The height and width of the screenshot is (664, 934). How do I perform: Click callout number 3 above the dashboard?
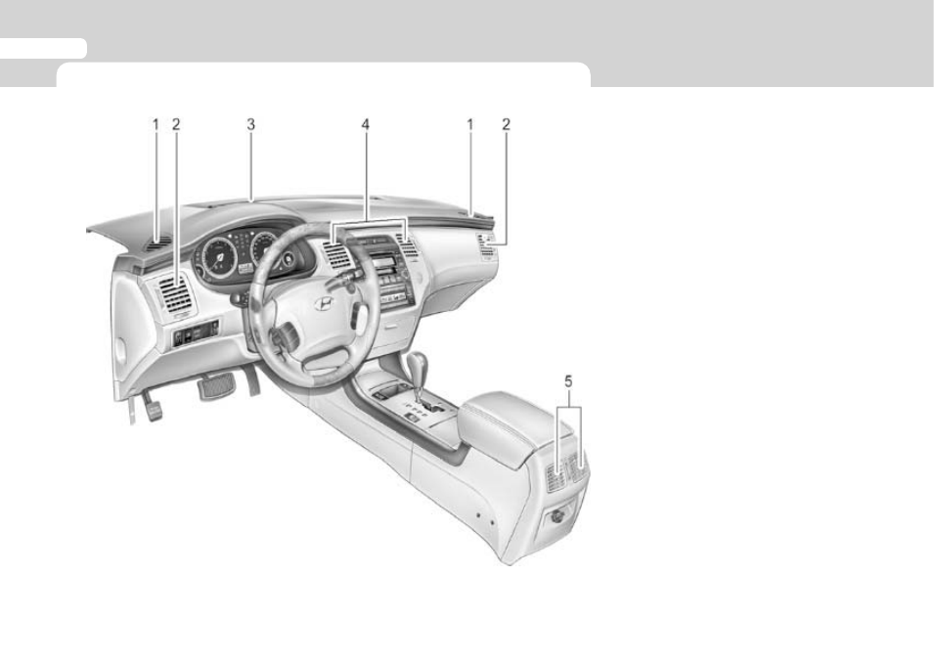pyautogui.click(x=250, y=124)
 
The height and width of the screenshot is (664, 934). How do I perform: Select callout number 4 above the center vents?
pyautogui.click(x=365, y=124)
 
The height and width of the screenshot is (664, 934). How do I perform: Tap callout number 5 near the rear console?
pyautogui.click(x=568, y=380)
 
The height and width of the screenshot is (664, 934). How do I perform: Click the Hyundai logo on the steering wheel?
pyautogui.click(x=325, y=303)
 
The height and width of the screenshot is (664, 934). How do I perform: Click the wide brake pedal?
pyautogui.click(x=216, y=386)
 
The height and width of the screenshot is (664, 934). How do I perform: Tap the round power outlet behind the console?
pyautogui.click(x=558, y=518)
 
